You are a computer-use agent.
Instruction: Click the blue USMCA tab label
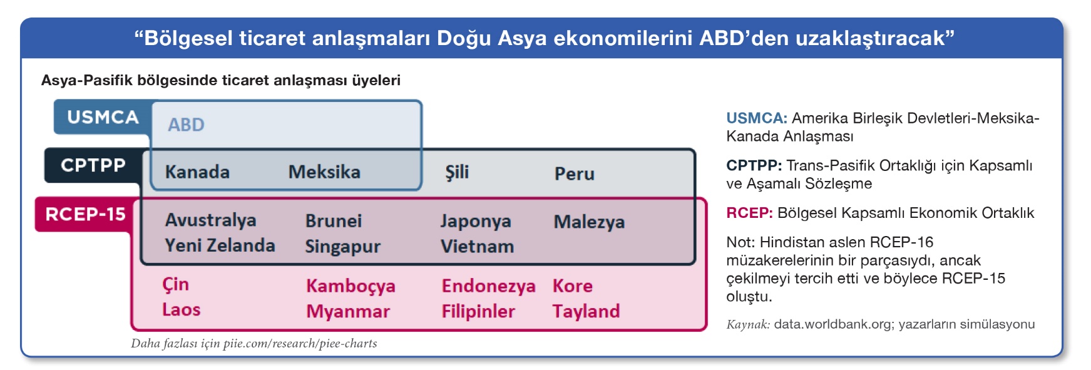click(103, 117)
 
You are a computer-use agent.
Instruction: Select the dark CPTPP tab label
click(93, 165)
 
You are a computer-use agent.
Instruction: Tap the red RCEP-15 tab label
click(85, 214)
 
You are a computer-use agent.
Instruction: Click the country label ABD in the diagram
click(186, 125)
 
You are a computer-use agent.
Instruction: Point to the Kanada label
click(197, 172)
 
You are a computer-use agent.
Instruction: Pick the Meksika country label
click(324, 172)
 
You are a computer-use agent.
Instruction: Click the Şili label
click(457, 172)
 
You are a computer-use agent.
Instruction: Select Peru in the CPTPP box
click(575, 173)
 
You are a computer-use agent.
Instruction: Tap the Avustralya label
click(210, 220)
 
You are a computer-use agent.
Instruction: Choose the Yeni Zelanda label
click(220, 245)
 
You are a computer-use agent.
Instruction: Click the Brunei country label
click(334, 221)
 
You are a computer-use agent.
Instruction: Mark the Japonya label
click(476, 221)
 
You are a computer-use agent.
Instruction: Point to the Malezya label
click(589, 222)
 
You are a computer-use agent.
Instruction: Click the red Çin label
click(175, 284)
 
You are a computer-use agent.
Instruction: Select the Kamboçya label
click(351, 286)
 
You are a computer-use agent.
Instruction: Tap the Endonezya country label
click(488, 286)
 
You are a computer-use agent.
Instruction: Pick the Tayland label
click(586, 311)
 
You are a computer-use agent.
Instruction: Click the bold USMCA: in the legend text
click(757, 118)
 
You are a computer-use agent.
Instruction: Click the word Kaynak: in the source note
click(748, 324)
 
